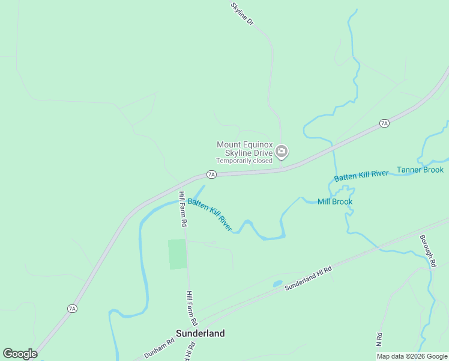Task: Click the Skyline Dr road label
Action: (243, 14)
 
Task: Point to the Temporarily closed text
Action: (244, 161)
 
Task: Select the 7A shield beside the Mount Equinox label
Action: (211, 174)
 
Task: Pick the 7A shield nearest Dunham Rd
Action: (72, 309)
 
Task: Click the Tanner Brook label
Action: (420, 170)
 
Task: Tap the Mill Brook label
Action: (335, 202)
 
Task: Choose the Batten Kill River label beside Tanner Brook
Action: (362, 176)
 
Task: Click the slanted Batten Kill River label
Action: (209, 215)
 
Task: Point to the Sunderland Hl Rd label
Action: (308, 279)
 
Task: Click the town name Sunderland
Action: (200, 333)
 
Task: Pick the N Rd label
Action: (379, 339)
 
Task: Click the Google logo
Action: (20, 354)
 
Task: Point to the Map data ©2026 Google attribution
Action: (412, 356)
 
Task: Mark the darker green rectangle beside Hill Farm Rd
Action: (177, 254)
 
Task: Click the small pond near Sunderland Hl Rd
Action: (277, 283)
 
